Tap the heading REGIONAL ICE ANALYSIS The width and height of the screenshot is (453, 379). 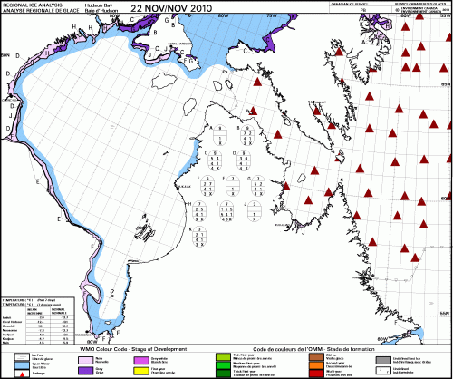[x=31, y=5]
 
